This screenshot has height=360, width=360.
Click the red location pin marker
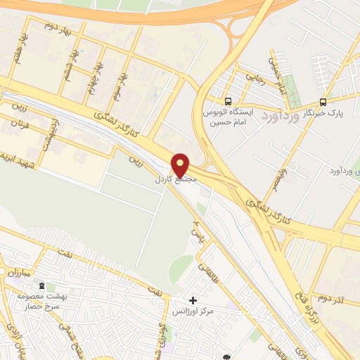[181, 165]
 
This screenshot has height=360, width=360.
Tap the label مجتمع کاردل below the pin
[178, 181]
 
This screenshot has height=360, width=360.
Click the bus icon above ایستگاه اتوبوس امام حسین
[227, 101]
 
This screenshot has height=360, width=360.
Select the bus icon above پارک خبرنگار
[323, 102]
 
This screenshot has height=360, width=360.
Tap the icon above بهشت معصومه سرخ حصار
[41, 285]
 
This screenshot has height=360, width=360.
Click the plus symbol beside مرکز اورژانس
[193, 300]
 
